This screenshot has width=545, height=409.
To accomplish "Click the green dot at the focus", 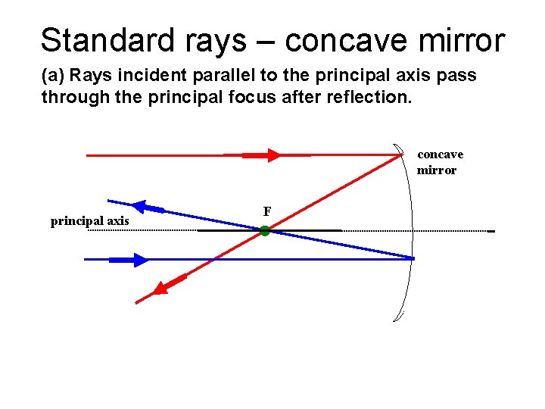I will click(x=265, y=231).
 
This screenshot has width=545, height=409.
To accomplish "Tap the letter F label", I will click(x=267, y=211).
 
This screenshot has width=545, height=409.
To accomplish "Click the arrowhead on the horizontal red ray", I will click(x=272, y=155).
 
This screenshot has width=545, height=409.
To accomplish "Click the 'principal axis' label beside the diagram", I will click(x=89, y=221).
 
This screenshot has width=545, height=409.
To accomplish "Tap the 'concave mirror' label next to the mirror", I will click(x=440, y=162).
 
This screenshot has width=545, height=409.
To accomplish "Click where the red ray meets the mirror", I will click(x=401, y=155).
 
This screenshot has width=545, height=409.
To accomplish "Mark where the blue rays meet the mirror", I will click(x=413, y=259).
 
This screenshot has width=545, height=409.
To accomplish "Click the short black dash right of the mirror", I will click(x=491, y=231).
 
